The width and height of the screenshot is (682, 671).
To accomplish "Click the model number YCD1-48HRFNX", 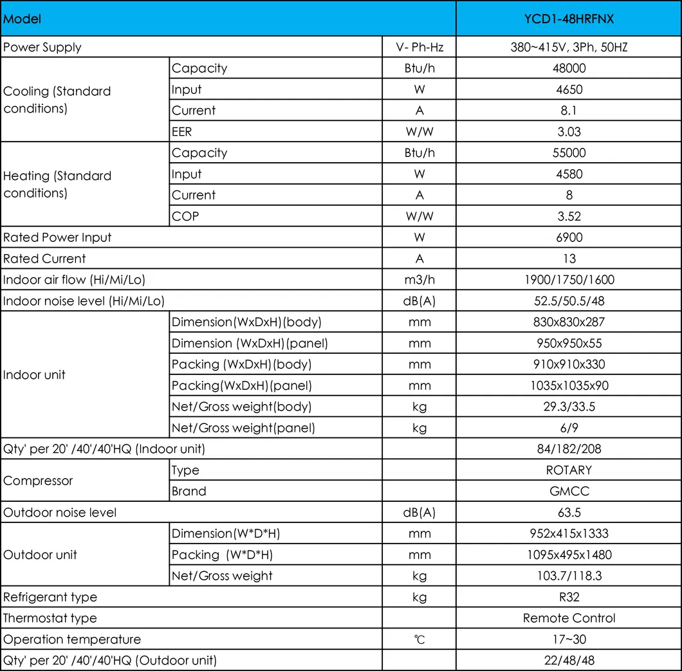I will [x=569, y=19].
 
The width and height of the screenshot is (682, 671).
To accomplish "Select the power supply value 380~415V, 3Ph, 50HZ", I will [x=569, y=47].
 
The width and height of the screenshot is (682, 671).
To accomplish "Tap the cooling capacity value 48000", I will [x=569, y=68].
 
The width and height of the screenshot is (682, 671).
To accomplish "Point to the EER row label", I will [x=182, y=132].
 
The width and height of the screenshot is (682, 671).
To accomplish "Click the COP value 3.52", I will [x=569, y=216].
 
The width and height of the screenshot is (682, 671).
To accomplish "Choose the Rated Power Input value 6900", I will [x=569, y=237].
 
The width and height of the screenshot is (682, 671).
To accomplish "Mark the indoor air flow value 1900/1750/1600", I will [x=569, y=280].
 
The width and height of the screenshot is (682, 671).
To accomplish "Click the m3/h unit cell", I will [x=419, y=280].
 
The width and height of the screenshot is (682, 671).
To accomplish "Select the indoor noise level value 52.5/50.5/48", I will [x=569, y=301].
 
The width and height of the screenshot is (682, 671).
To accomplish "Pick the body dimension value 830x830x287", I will [x=569, y=322].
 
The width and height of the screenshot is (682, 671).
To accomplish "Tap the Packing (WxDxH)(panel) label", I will [x=242, y=386].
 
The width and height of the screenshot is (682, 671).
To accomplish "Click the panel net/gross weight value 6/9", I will [x=569, y=428].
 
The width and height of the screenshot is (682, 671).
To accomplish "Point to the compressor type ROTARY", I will [x=569, y=470].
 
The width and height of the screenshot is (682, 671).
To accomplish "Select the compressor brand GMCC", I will [x=569, y=492].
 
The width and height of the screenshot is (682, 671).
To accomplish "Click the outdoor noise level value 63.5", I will [x=569, y=513].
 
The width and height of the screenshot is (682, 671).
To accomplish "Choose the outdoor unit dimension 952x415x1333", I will [x=569, y=534].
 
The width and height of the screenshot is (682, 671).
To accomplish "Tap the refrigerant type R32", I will [x=569, y=597].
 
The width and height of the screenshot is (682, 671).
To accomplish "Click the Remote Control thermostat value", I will [x=569, y=618].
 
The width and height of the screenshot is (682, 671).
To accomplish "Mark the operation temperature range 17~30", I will [x=569, y=639].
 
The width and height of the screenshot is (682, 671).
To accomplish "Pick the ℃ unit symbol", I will [x=419, y=640].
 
